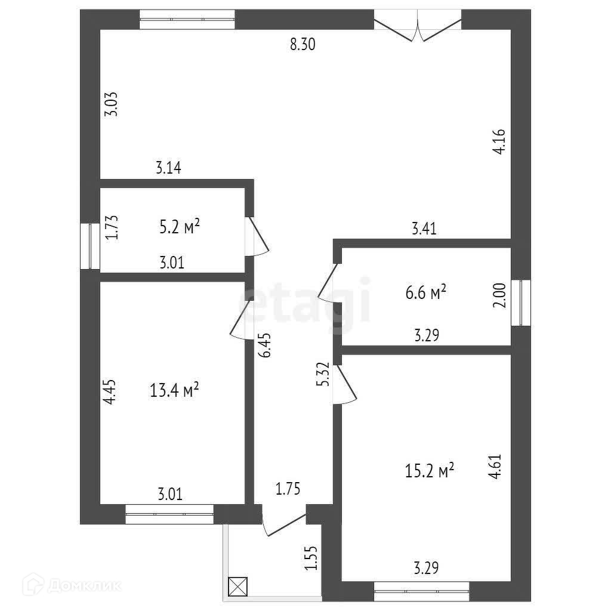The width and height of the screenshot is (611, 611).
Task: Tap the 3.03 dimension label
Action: [x=112, y=104]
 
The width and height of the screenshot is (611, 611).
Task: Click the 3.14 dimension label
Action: [x=168, y=168]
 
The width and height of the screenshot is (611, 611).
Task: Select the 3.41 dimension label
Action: [x=424, y=228]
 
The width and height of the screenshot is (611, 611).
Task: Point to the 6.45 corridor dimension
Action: [x=265, y=344]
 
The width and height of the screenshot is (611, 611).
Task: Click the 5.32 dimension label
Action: [x=324, y=374]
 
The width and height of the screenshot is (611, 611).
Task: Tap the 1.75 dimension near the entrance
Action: [x=288, y=489]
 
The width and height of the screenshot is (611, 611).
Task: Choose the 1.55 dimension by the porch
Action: [x=310, y=558]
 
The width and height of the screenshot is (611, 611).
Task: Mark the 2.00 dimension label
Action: [x=500, y=294]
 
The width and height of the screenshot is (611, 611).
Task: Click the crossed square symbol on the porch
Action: [x=237, y=587]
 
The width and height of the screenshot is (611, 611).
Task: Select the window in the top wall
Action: [x=187, y=20]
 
